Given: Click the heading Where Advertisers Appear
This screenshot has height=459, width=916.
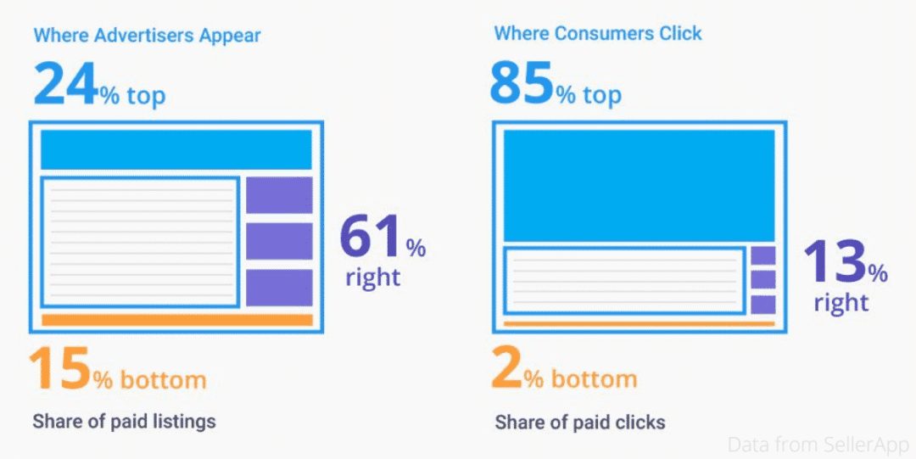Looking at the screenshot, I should pyautogui.click(x=147, y=36).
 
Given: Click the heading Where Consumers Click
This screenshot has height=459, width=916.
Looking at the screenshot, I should pyautogui.click(x=598, y=34).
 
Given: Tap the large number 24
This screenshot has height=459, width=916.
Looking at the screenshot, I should pyautogui.click(x=66, y=84).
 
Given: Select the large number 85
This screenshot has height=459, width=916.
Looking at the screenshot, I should pyautogui.click(x=522, y=84).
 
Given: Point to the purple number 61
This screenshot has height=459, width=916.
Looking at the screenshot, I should pyautogui.click(x=371, y=238).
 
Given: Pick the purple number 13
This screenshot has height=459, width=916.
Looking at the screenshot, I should pyautogui.click(x=834, y=262).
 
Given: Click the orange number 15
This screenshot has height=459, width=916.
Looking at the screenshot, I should pyautogui.click(x=59, y=368).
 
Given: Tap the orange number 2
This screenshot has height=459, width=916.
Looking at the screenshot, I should pyautogui.click(x=506, y=368).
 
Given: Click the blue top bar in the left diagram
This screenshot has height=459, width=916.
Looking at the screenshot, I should pyautogui.click(x=176, y=149).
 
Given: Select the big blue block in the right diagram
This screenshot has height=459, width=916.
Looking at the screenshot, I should pyautogui.click(x=639, y=186).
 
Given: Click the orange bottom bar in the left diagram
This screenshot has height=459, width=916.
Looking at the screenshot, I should pyautogui.click(x=176, y=320).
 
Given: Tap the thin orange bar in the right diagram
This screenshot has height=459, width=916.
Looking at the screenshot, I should pyautogui.click(x=639, y=323).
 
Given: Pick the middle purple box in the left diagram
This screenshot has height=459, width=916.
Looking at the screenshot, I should pyautogui.click(x=279, y=242).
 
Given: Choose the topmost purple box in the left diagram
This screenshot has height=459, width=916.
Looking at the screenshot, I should pyautogui.click(x=279, y=195).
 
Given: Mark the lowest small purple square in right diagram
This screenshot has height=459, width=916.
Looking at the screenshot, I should pyautogui.click(x=763, y=305).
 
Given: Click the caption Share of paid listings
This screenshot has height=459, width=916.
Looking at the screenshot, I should pyautogui.click(x=124, y=421).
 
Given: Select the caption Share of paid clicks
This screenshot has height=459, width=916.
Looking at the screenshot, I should pyautogui.click(x=580, y=422).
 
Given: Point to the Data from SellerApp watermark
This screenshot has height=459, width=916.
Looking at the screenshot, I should pyautogui.click(x=818, y=444).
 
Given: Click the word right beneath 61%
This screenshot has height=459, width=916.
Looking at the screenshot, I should pyautogui.click(x=372, y=277).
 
